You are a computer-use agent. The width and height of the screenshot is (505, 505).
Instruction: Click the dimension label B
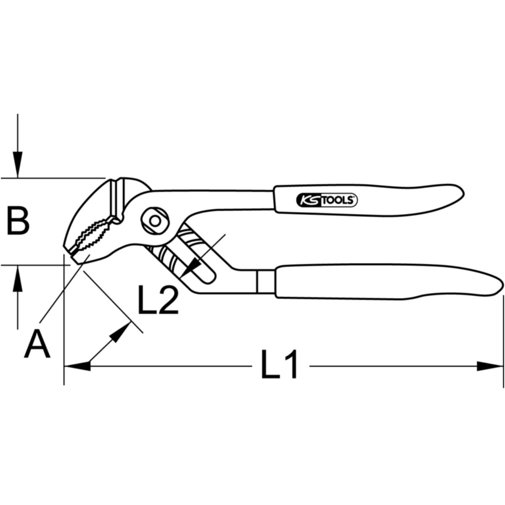[x=18, y=221]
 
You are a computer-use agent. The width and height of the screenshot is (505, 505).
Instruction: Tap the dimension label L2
[x=158, y=299]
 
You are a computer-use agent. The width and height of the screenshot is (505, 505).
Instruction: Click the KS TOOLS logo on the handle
[x=327, y=200]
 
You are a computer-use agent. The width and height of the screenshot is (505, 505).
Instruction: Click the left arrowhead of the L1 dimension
[x=77, y=366]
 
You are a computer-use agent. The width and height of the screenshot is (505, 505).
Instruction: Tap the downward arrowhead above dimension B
[x=18, y=164]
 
